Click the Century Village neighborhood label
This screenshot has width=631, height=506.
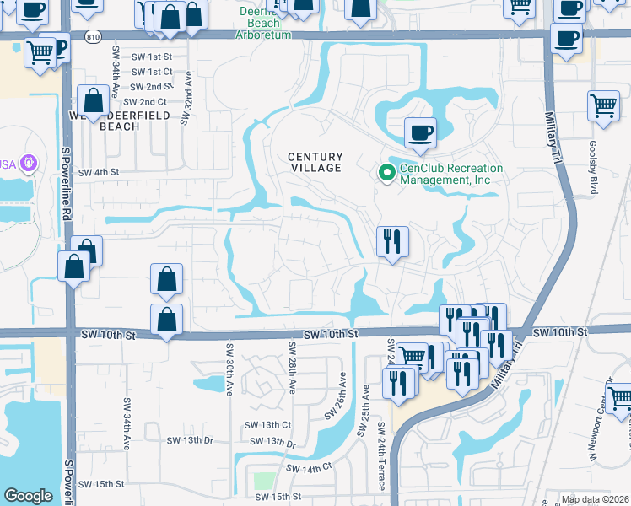click(x=315, y=162)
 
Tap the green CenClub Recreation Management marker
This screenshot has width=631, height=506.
click(x=387, y=173)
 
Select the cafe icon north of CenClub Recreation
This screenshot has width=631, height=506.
click(x=420, y=132)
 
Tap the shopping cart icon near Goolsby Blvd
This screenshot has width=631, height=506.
click(x=603, y=106)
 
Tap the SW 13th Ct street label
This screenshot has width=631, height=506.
click(x=267, y=424)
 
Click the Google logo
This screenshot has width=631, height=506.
click(x=28, y=496)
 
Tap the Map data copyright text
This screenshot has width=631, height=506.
click(x=594, y=499)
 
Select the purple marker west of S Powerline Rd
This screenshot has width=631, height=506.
click(x=30, y=161)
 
